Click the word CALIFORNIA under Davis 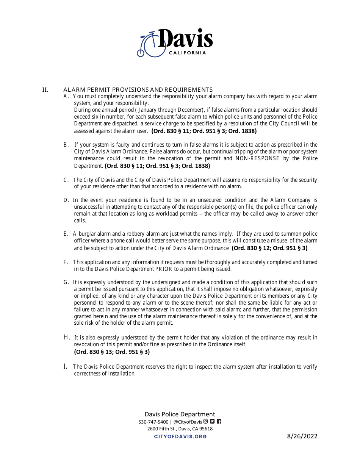click(x=188, y=53)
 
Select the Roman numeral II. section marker click(x=45, y=90)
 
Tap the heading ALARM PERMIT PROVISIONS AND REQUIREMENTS click(x=138, y=90)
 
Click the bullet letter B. click(x=66, y=145)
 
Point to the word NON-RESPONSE click(x=257, y=158)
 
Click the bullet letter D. click(x=66, y=200)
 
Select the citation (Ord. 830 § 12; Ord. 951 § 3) click(x=269, y=248)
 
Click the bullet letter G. click(x=66, y=282)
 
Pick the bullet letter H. click(x=67, y=337)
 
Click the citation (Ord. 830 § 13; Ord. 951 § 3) click(x=112, y=352)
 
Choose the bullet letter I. click(x=66, y=366)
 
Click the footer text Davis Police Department click(x=180, y=414)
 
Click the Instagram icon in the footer click(x=206, y=421)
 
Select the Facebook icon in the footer click(x=219, y=421)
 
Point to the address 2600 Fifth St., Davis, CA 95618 click(x=180, y=429)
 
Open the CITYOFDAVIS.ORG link click(x=180, y=436)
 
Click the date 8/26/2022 click(x=302, y=436)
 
